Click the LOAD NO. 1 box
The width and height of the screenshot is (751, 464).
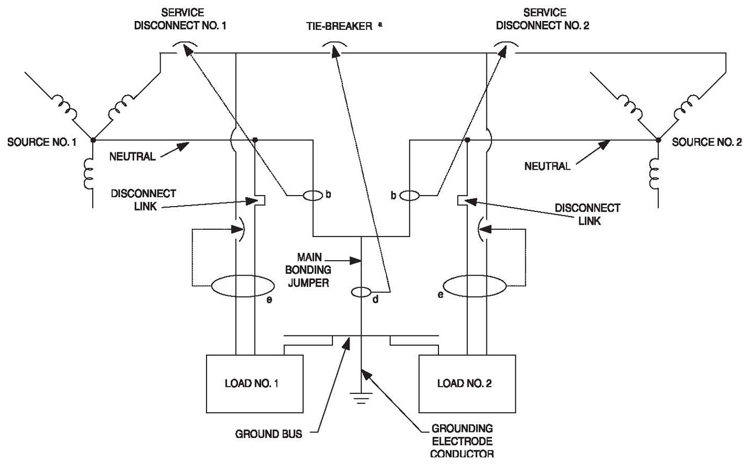(x=254, y=383)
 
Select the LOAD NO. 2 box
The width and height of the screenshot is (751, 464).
(x=467, y=383)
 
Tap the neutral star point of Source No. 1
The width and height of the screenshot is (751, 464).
(x=92, y=139)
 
